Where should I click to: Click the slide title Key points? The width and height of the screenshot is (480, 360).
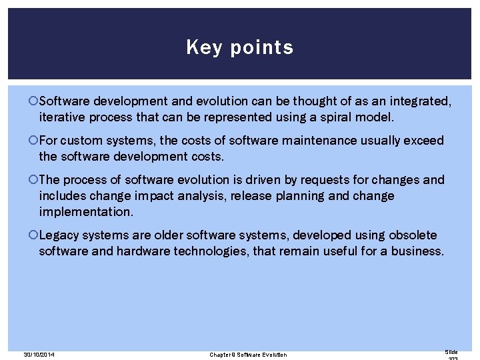pos(239,47)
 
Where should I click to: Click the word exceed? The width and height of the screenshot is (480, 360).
pos(423,141)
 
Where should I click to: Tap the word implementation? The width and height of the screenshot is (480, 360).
pos(85,211)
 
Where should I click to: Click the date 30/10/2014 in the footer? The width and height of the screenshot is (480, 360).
pos(38,355)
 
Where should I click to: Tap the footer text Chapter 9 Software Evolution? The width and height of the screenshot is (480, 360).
pos(247,355)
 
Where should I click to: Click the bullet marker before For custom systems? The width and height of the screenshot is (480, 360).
pos(34,141)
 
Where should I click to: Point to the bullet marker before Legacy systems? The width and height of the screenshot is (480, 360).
pos(34,235)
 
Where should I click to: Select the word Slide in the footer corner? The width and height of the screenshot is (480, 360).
pos(451,351)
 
